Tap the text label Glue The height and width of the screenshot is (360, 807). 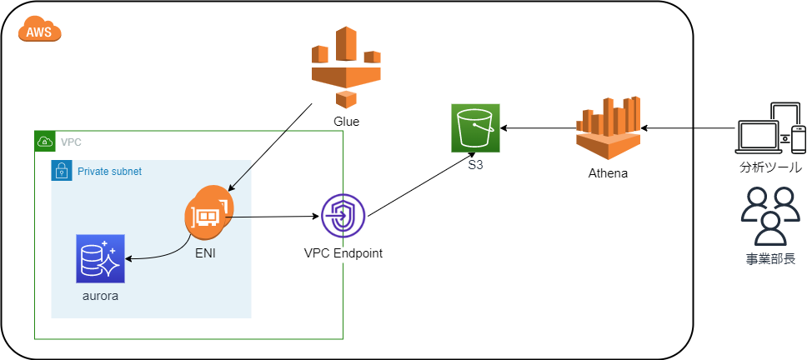tap(346, 122)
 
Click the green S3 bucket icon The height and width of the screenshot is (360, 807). tap(475, 128)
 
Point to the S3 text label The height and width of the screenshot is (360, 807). tap(475, 166)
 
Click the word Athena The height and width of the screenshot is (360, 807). tap(609, 174)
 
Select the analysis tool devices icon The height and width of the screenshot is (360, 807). tap(771, 128)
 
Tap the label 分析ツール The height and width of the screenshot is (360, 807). tap(771, 167)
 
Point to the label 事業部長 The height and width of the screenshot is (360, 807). tap(770, 259)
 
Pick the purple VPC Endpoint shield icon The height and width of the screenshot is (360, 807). tap(343, 217)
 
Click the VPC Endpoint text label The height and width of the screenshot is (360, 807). tap(343, 253)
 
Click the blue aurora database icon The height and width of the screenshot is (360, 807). tap(99, 259)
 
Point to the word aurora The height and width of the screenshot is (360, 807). tap(99, 296)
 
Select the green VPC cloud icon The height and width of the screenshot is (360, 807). tap(45, 142)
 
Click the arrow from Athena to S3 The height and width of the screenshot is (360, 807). tap(538, 128)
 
